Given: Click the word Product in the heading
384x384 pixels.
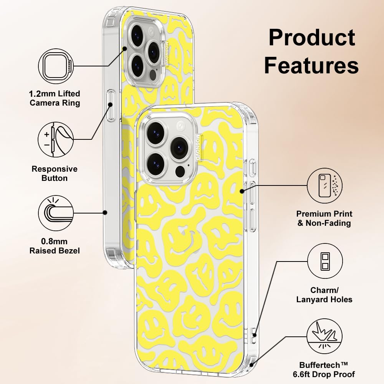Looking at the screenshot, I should pyautogui.click(x=311, y=38).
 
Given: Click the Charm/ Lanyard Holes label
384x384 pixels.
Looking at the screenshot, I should pyautogui.click(x=324, y=295).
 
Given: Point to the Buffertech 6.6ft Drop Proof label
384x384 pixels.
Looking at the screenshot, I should pyautogui.click(x=327, y=369).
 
